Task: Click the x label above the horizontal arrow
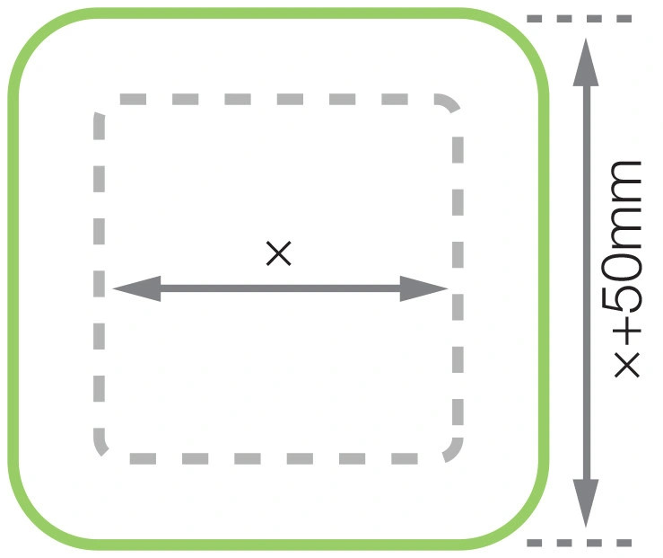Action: point(279,254)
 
